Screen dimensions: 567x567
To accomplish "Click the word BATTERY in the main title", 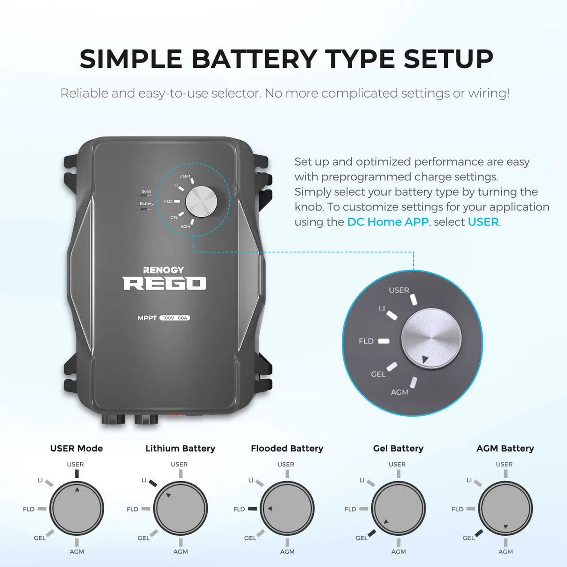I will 254,59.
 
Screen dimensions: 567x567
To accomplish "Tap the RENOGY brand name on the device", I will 163,270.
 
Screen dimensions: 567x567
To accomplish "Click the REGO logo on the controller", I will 164,283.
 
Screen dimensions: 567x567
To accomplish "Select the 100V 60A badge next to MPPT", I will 175,318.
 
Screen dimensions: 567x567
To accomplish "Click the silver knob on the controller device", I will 201,202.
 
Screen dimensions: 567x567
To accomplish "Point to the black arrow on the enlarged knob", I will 425,359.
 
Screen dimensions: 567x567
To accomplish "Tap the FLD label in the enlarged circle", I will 366,341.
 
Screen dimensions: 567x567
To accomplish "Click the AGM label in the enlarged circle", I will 399,392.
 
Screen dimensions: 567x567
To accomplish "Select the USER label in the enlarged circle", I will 399,290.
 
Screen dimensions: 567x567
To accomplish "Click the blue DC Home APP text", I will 387,222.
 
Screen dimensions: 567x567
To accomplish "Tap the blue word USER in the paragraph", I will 483,222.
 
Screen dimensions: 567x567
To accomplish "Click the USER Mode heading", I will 77,448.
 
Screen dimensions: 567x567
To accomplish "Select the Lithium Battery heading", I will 180,448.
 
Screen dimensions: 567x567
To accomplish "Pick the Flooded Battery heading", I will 287,448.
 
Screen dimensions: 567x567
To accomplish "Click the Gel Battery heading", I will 398,448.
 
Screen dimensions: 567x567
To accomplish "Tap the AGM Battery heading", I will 505,448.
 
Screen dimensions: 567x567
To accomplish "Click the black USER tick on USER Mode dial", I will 77,474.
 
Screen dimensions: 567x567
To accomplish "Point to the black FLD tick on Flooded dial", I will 252,509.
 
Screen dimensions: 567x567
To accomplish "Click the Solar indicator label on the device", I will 147,191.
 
